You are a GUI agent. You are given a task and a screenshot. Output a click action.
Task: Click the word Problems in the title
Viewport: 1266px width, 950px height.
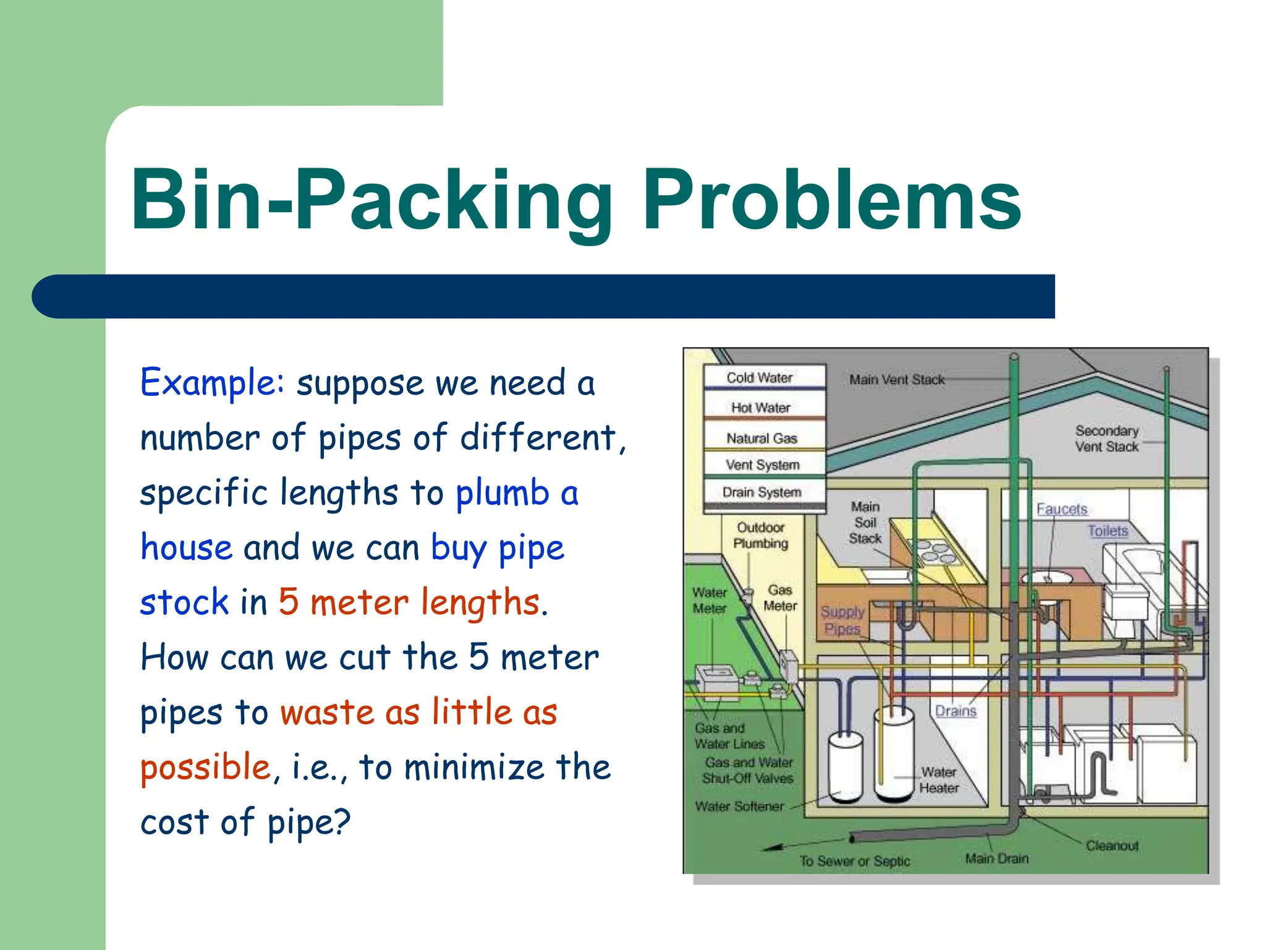831,201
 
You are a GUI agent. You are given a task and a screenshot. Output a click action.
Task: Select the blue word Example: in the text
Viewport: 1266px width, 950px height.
212,383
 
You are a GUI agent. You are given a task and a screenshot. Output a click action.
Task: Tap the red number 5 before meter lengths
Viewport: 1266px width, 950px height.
289,602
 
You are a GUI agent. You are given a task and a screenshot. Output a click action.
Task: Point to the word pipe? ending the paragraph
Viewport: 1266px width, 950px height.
308,823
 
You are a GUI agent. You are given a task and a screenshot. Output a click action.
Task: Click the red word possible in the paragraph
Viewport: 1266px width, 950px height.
205,768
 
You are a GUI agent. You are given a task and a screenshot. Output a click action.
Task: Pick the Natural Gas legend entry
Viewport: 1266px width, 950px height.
762,438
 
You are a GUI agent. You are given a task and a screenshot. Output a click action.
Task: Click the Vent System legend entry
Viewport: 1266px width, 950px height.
762,464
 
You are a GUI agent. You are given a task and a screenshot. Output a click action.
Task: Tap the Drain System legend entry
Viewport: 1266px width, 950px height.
762,492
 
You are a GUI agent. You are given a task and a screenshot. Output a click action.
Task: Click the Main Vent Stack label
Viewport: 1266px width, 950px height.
896,380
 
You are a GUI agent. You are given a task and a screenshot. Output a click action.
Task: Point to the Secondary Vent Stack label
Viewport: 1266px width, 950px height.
1106,439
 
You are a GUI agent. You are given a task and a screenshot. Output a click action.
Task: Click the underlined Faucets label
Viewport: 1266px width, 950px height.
1061,509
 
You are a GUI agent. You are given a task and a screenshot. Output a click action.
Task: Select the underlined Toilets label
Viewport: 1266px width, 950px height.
1108,531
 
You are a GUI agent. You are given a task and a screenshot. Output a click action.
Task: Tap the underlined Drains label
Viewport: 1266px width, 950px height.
955,711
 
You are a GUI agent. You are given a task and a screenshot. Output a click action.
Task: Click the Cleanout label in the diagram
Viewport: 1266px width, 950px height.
1111,845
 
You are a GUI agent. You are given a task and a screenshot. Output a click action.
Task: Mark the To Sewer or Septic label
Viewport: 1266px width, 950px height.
854,861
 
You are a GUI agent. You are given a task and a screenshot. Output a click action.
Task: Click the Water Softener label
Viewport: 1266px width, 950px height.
739,807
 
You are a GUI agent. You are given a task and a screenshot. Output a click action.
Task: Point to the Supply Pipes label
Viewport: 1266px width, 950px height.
842,620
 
